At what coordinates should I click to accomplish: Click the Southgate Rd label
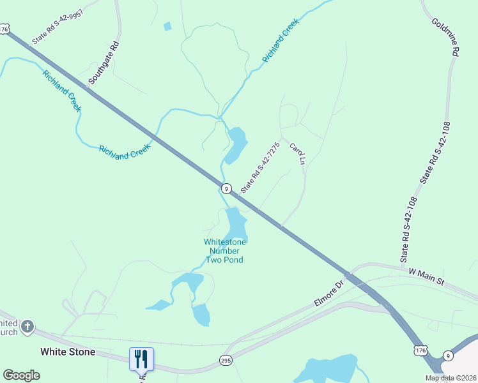tap(104, 64)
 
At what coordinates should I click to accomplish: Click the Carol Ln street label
tap(298, 154)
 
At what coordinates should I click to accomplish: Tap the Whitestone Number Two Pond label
tap(224, 251)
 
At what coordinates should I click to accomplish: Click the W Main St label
tap(426, 276)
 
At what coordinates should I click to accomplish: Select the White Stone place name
tap(68, 352)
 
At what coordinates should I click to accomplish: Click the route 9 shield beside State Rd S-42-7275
tap(226, 188)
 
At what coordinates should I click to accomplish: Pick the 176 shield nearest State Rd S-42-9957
tap(6, 29)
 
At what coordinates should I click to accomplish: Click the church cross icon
tap(27, 327)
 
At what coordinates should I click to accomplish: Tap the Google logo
tap(21, 375)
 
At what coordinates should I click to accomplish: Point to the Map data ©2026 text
tap(451, 378)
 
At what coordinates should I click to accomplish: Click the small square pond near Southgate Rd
tap(167, 26)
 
